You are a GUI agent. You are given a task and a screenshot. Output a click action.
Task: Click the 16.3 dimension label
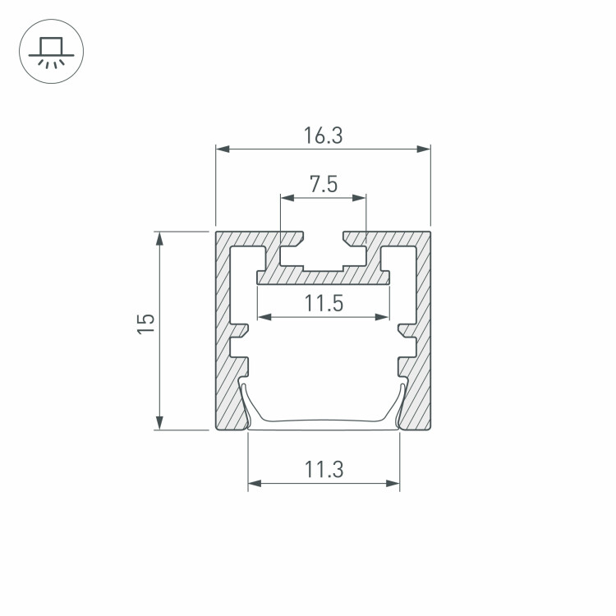323,136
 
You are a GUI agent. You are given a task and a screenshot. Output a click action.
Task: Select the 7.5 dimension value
324,184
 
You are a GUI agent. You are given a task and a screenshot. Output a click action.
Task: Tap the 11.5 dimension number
324,303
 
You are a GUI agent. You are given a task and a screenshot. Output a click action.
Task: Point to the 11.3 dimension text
324,470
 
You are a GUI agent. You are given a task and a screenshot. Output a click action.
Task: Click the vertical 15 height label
145,324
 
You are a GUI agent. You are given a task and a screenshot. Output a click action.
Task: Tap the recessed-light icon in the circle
52,53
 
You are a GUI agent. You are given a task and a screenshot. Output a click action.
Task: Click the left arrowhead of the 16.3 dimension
223,149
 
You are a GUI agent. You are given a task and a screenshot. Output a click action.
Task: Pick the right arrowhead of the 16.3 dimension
424,149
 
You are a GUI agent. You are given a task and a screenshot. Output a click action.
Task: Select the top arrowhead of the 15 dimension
159,239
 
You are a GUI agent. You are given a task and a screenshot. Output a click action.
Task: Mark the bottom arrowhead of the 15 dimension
159,423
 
